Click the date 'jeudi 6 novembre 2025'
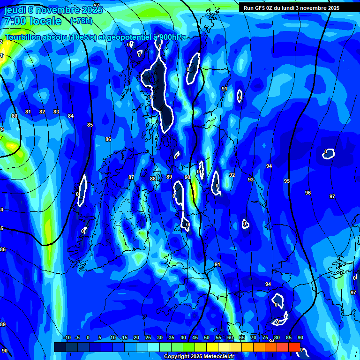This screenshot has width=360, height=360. [49, 10]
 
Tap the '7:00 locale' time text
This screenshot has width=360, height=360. [33, 21]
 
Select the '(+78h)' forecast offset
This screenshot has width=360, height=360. [81, 21]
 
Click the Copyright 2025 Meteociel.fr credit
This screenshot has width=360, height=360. [199, 356]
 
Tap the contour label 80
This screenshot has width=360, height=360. [14, 116]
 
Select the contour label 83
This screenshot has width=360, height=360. [56, 112]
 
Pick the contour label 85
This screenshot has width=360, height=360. [90, 125]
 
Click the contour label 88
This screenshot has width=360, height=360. [153, 179]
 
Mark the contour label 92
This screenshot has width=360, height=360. [232, 175]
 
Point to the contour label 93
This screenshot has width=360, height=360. [251, 180]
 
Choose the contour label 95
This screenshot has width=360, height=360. [287, 181]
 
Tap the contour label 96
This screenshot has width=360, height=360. [307, 193]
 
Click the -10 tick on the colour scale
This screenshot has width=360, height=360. [67, 338]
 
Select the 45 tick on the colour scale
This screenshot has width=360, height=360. [195, 338]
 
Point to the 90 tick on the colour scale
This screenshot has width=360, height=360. [300, 338]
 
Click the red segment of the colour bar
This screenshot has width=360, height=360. [294, 347]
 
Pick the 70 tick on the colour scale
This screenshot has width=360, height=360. [253, 338]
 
